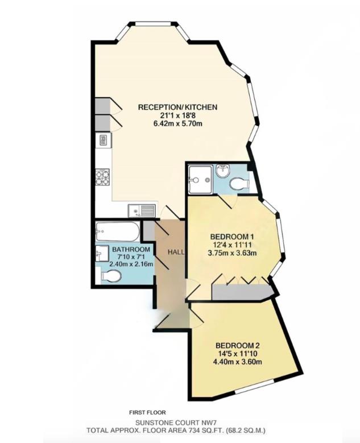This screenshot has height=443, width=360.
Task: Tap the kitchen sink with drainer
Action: [142, 210]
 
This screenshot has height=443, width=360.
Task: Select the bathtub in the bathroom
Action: [117, 231]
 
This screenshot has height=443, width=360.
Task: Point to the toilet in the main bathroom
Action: [110, 276]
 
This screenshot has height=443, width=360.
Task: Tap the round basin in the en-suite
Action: [222, 169]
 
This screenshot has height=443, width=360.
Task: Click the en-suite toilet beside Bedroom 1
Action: [239, 184]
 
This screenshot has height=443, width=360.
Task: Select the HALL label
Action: [175, 252]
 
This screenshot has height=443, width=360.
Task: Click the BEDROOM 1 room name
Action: [231, 237]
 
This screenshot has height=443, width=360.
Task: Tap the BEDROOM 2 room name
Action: [237, 345]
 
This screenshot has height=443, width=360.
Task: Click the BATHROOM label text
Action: [131, 250]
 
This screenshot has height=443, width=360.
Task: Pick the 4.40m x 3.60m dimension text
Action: [237, 362]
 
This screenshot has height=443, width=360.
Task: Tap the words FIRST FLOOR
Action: [147, 412]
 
